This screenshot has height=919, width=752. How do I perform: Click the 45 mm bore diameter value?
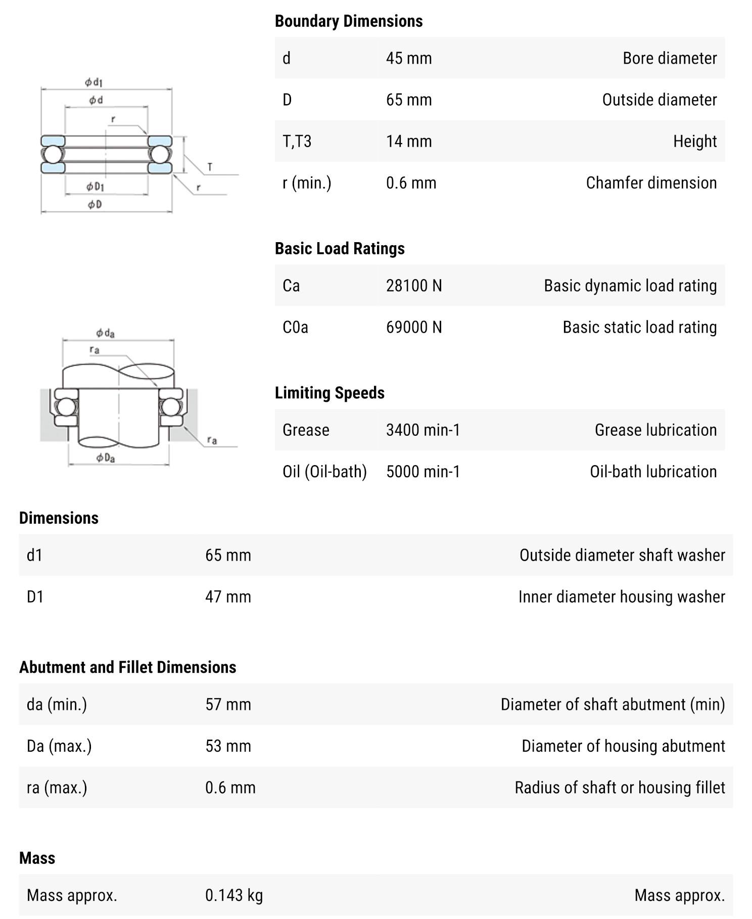coord(409,58)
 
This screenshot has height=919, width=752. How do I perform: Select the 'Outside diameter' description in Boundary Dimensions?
coord(659,100)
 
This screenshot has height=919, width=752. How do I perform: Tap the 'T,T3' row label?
coord(297,141)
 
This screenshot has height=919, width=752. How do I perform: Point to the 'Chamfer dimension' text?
coord(651,182)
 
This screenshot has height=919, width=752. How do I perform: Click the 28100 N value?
coord(414,286)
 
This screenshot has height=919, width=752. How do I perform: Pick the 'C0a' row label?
coord(295,327)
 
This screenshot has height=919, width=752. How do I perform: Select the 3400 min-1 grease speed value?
coord(423,430)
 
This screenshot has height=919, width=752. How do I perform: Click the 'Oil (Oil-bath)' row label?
coord(324,472)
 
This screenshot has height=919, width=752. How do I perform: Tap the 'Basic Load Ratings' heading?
coord(340,248)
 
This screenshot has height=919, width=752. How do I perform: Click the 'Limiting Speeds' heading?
coord(330,393)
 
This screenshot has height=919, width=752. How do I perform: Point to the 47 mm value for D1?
coord(228,596)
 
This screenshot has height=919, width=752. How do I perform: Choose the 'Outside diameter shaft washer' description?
coord(622,555)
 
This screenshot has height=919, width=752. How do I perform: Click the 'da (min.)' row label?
coord(57,704)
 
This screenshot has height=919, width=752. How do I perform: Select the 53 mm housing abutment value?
coord(228,746)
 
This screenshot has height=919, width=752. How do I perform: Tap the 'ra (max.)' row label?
coord(57,788)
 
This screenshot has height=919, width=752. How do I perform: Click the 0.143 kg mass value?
coord(234,895)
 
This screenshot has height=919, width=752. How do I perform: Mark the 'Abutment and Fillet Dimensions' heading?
coord(127,667)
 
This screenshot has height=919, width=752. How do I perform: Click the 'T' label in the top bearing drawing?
coord(210,167)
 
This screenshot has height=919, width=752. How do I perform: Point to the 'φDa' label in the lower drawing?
coord(106,458)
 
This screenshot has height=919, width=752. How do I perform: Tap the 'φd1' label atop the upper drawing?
coord(94,82)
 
